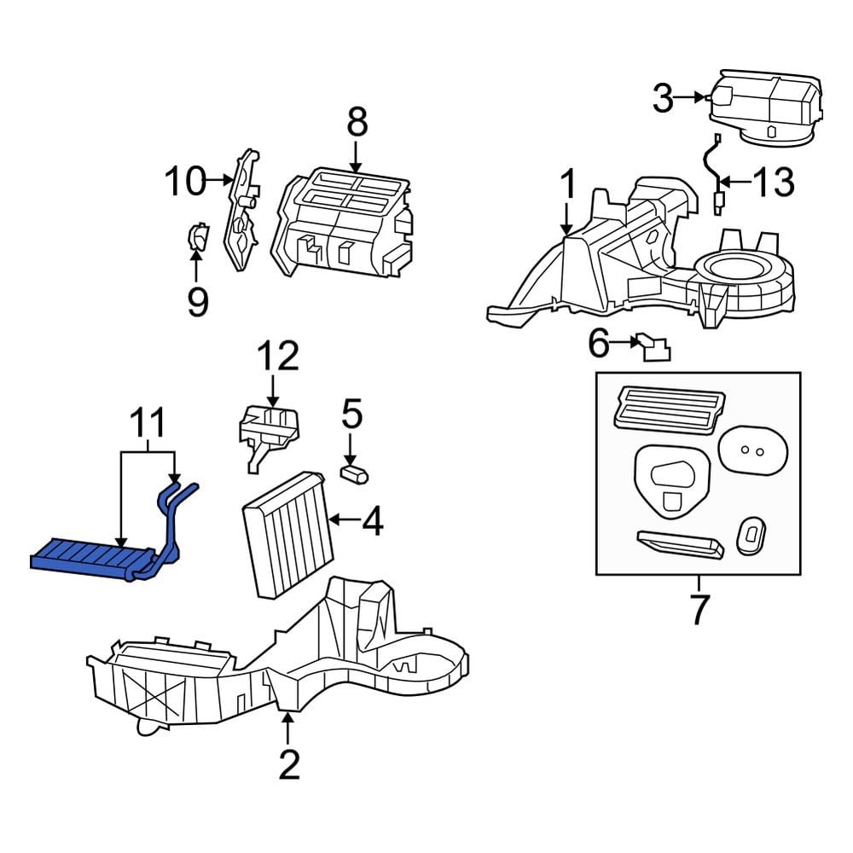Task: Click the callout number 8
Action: (357, 122)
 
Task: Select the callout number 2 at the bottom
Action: (289, 765)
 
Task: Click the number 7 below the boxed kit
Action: (699, 611)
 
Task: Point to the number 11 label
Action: (148, 423)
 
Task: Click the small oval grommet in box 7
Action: (751, 535)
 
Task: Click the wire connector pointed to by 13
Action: (718, 203)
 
